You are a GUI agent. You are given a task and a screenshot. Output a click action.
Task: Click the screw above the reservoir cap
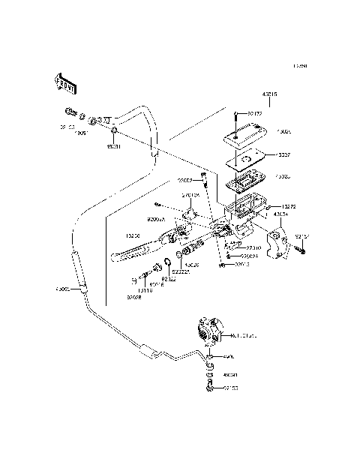[x=237, y=115]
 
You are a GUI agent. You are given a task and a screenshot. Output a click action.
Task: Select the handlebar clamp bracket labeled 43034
[x=280, y=244]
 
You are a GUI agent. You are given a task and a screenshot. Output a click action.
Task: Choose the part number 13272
[x=289, y=205]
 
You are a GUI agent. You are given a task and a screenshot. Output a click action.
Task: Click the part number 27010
[x=253, y=247]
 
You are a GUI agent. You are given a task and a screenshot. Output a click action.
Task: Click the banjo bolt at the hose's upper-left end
[x=72, y=115]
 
